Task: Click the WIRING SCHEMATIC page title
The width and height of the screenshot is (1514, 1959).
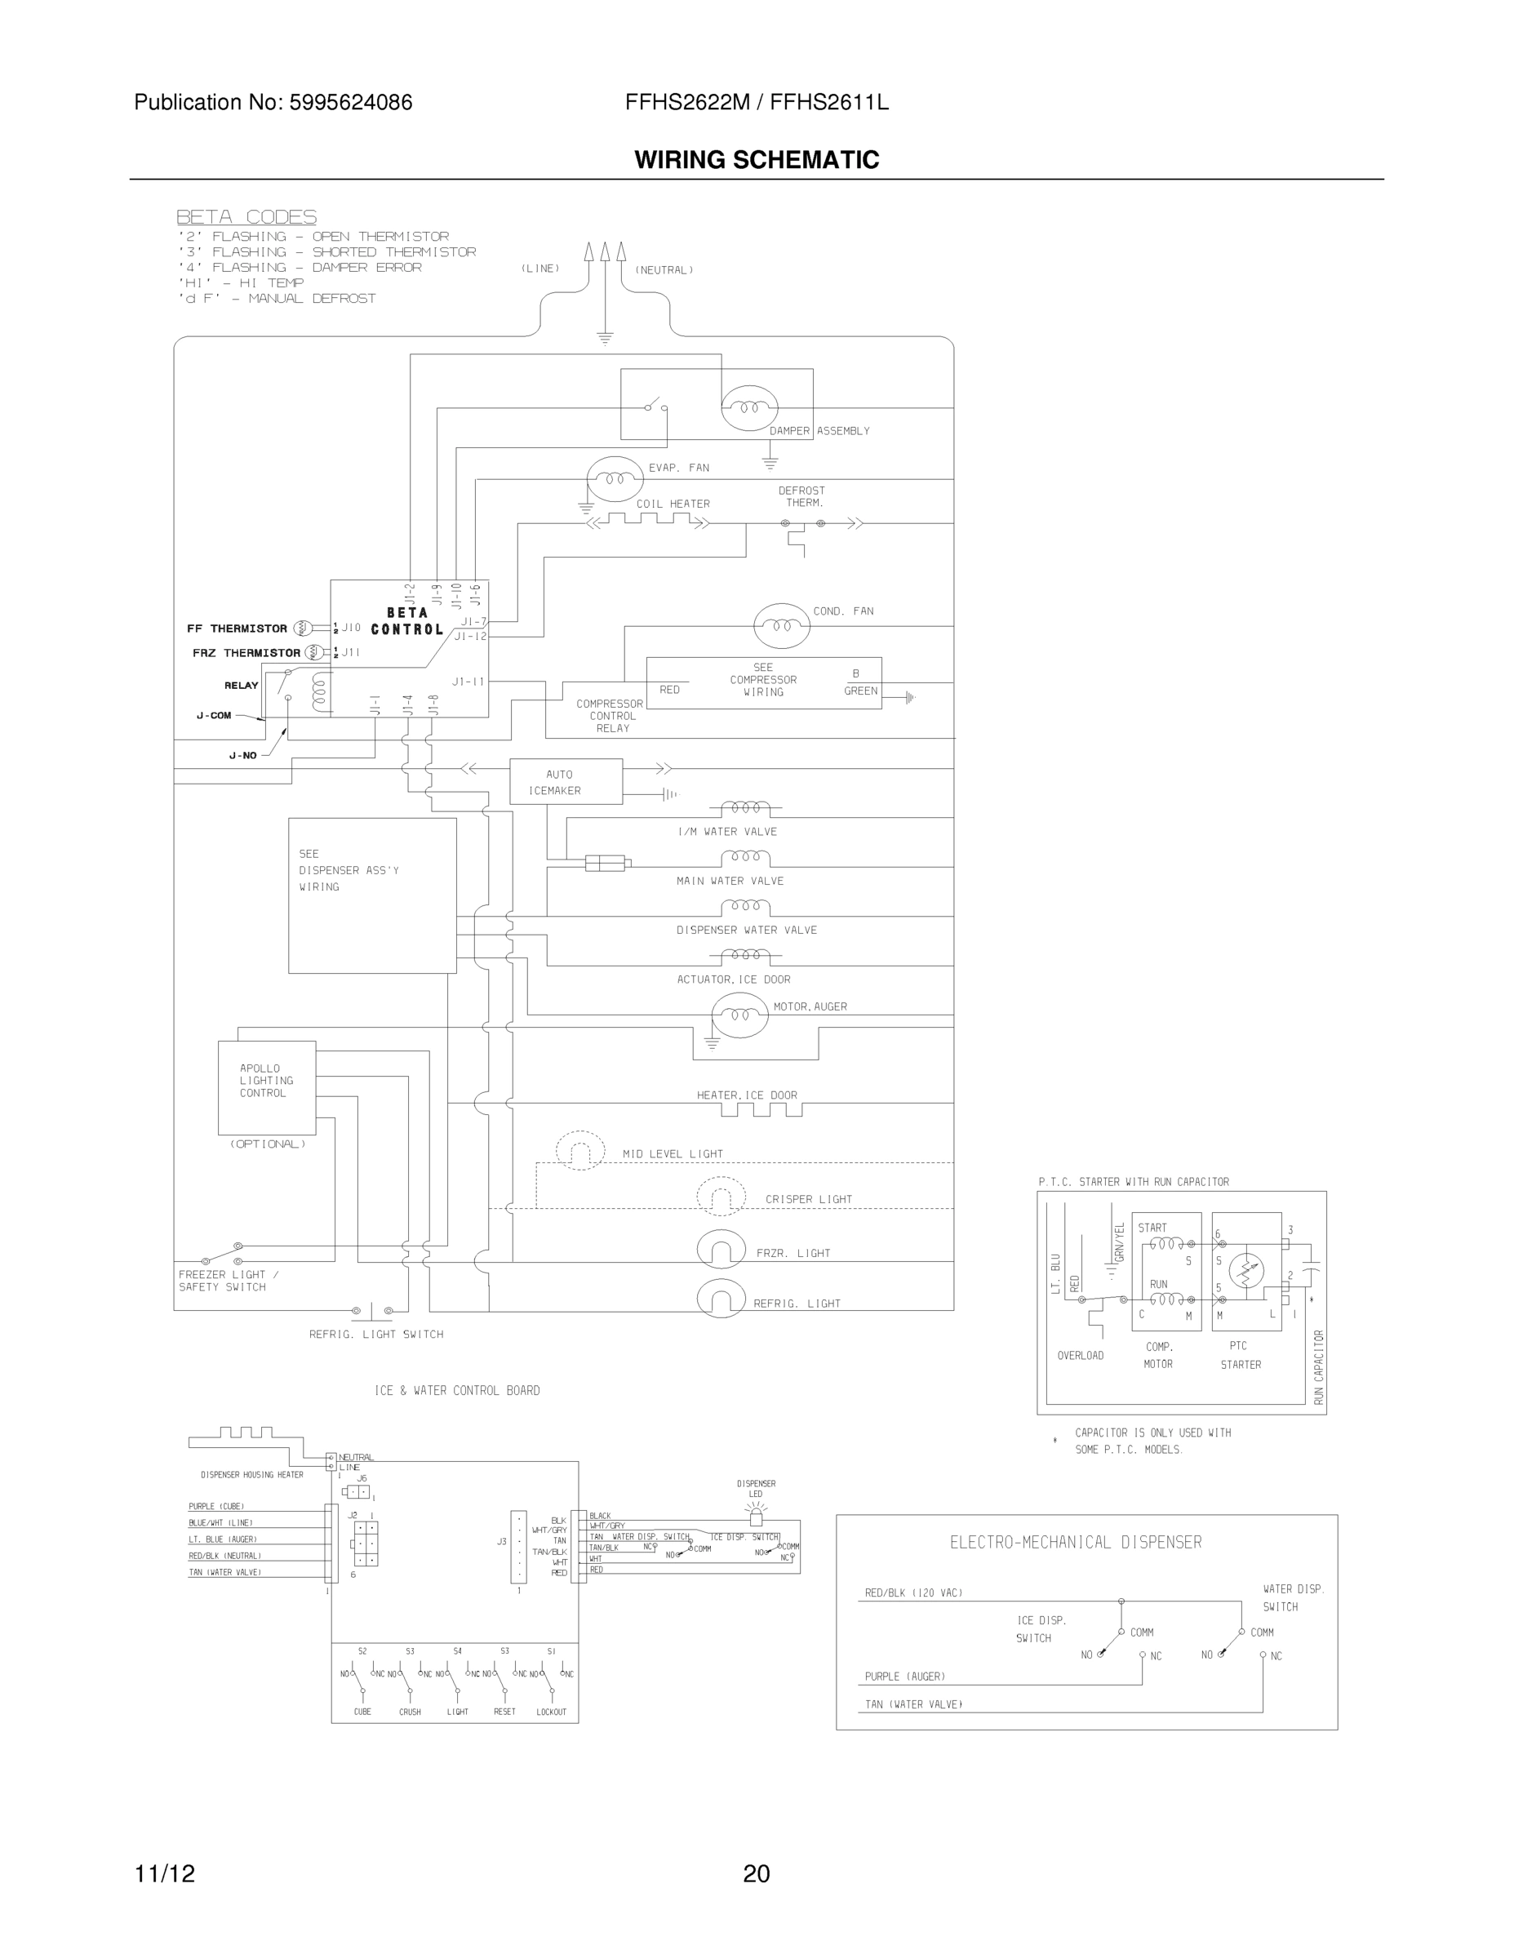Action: [756, 160]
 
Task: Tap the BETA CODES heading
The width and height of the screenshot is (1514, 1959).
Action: [246, 217]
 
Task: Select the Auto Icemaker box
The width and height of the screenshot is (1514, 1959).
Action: [565, 781]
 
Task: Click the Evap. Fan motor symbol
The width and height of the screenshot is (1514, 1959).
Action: [615, 479]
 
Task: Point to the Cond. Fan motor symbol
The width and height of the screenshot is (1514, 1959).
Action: [781, 625]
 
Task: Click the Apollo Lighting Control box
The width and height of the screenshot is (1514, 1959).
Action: [266, 1087]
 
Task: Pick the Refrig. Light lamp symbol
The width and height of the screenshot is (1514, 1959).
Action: [721, 1299]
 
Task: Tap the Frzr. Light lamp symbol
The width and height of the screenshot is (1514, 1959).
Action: [721, 1249]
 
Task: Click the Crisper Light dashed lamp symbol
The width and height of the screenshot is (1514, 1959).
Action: [721, 1196]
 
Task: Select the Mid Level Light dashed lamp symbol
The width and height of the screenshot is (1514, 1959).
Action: [580, 1150]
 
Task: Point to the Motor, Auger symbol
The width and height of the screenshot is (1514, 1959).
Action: [739, 1015]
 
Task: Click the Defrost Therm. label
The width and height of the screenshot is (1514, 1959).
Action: [801, 497]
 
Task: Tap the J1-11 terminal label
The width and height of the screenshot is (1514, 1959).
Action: [468, 682]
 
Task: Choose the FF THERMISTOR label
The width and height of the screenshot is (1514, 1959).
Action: [237, 629]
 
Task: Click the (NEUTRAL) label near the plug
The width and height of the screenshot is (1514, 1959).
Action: [664, 270]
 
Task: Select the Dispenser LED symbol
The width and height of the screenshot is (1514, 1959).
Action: [756, 1516]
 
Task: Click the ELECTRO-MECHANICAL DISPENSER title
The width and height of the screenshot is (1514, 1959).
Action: [1076, 1543]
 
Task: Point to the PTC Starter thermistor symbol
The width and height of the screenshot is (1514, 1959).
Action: [1245, 1270]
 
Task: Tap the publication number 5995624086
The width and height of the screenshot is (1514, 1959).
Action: [350, 103]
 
